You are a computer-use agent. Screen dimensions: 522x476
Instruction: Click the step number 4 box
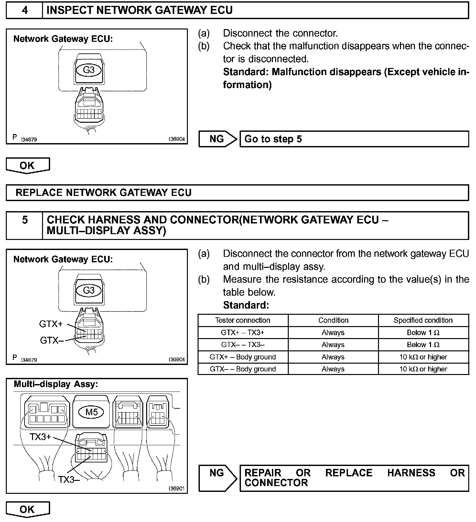(25, 10)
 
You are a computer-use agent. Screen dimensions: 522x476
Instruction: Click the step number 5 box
(25, 225)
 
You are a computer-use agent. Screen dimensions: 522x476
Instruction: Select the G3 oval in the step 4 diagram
(89, 70)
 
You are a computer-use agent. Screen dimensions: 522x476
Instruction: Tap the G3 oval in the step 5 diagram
(89, 290)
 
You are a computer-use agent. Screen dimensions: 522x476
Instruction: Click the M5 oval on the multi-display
(92, 412)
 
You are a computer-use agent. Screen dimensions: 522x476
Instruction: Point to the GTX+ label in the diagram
(51, 324)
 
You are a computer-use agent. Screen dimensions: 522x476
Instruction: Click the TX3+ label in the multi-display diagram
(40, 437)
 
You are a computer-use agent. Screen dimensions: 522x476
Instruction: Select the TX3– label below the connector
(69, 480)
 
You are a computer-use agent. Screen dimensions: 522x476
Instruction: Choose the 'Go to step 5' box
(354, 139)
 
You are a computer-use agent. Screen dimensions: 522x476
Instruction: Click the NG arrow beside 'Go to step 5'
(217, 139)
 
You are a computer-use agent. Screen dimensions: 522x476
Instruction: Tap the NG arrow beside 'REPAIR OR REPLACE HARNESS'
(217, 478)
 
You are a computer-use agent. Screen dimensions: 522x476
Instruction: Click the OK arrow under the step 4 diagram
(27, 165)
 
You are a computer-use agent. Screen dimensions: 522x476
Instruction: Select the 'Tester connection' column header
(243, 320)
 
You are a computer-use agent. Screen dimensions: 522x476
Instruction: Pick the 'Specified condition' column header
(423, 320)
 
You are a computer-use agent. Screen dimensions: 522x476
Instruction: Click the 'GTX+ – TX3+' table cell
(243, 333)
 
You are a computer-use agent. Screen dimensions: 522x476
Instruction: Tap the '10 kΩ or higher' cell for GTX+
(423, 357)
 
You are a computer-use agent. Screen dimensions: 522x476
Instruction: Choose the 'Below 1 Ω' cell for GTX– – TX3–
(423, 345)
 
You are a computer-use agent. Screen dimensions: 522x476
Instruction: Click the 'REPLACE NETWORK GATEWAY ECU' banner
(237, 193)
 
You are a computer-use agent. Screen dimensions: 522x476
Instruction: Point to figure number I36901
(176, 488)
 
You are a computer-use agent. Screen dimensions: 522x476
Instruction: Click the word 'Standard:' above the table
(246, 305)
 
